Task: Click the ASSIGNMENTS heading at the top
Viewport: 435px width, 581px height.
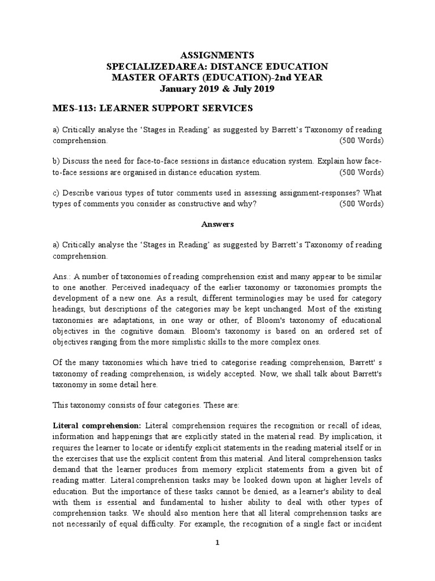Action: [217, 55]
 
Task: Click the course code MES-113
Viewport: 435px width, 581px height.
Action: [71, 108]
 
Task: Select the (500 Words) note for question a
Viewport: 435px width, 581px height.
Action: [361, 140]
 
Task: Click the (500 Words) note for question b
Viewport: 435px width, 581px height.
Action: [361, 172]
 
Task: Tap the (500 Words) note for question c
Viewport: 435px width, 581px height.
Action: [361, 205]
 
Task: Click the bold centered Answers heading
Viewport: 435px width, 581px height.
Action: [217, 224]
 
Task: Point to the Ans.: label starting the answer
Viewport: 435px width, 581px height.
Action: [62, 276]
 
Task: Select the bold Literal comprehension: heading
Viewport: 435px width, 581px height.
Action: [96, 426]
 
